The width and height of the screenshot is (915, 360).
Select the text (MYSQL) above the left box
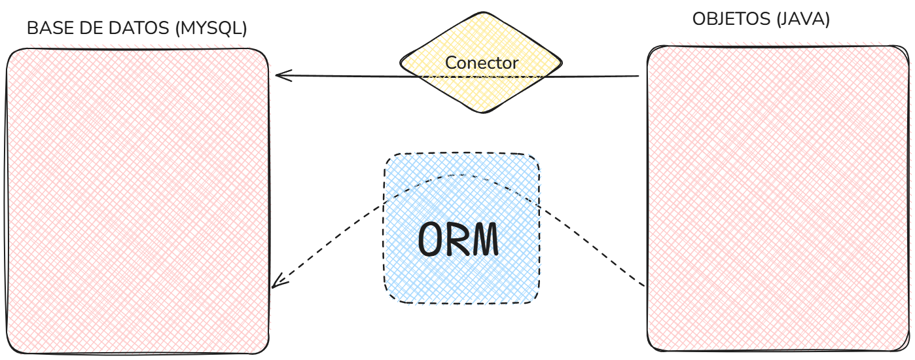[x=211, y=29]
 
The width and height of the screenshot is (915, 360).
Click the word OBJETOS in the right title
[x=732, y=20]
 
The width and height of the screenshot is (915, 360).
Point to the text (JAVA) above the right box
[x=802, y=20]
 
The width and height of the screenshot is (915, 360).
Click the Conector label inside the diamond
[x=482, y=63]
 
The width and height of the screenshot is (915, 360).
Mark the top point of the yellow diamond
[x=482, y=13]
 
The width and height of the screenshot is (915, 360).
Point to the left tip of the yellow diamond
[x=401, y=63]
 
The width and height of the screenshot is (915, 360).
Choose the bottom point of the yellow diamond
[x=482, y=113]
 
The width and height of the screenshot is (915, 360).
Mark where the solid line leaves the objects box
[x=639, y=77]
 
